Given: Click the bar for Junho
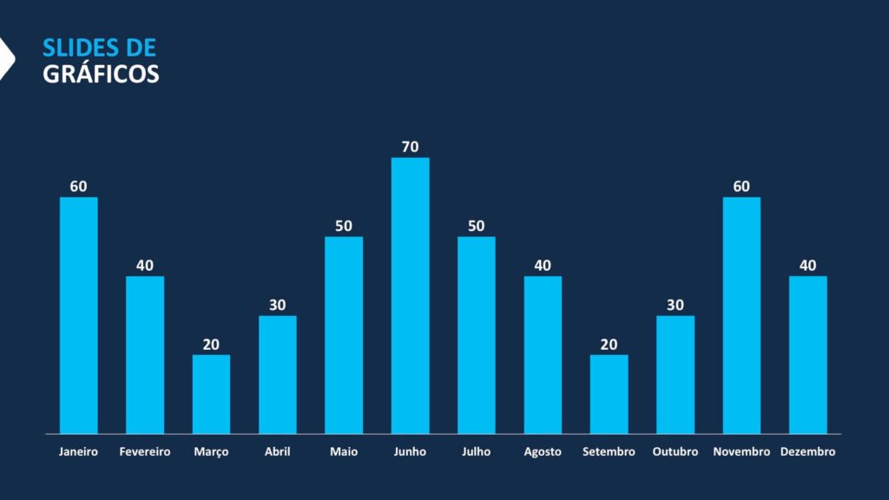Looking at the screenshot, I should pos(410,295).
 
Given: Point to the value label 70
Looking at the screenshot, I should pos(410,147).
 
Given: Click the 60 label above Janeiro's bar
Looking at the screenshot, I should pos(78,187).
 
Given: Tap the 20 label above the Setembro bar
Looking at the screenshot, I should pos(609,344).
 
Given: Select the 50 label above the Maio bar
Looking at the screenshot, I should pos(344,226).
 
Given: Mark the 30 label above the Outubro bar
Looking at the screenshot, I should pos(675,305).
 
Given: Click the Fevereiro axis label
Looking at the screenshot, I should pos(145,452).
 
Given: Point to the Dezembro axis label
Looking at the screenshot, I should pos(807,452).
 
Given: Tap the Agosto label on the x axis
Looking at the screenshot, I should pos(543,452).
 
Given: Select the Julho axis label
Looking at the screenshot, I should pos(477,452).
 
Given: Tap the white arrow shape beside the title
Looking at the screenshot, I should pos(6,59).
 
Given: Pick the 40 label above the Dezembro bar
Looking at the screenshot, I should pos(807,266).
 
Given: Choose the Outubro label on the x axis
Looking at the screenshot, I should pos(675,452).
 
